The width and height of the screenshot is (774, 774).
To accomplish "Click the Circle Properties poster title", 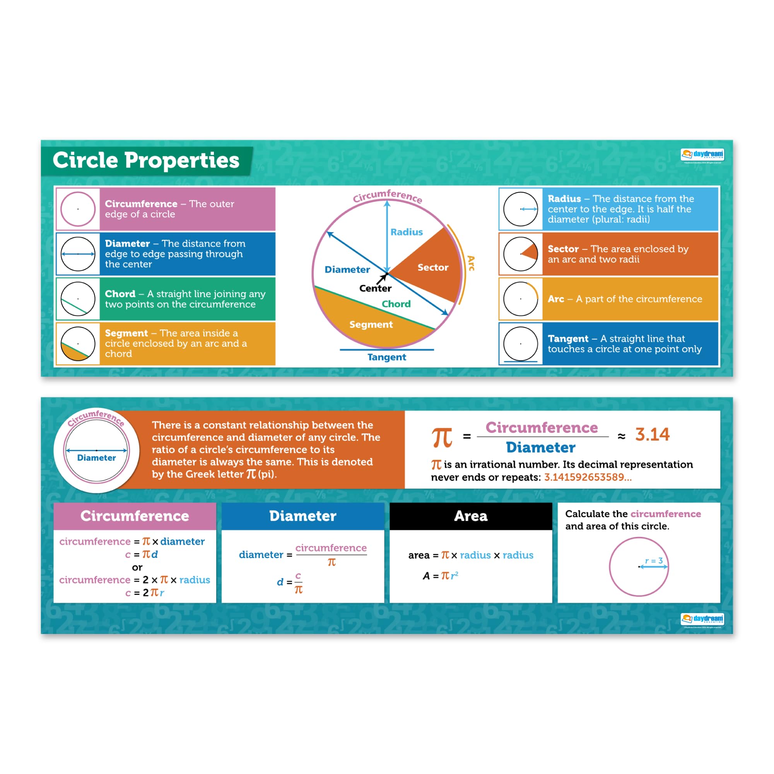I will [146, 160].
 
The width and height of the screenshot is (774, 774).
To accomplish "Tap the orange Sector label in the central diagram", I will [433, 267].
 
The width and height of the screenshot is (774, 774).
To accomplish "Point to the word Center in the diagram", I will [375, 288].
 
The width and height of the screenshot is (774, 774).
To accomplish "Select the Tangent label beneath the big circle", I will [386, 357].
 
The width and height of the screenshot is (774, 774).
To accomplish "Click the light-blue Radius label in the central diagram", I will [407, 232].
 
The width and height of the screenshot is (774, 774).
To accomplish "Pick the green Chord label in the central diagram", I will [396, 304].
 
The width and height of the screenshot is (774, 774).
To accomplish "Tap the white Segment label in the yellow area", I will [371, 324].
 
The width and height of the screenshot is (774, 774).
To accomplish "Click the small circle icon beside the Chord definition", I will [78, 299].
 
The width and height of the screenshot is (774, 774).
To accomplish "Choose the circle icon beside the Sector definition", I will [520, 254].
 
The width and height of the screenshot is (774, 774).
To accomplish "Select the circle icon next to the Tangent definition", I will [520, 344].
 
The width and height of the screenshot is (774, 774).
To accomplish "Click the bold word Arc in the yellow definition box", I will [556, 299].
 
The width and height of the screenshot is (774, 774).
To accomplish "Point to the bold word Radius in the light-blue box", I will [564, 199].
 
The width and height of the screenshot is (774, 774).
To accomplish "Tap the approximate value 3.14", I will [652, 434].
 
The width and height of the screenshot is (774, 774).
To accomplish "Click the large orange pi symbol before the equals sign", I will [441, 437].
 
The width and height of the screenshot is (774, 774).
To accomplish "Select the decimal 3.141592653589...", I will [587, 477].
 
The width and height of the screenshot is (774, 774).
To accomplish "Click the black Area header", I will [471, 516].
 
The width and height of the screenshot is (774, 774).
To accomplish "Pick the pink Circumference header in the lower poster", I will [135, 516].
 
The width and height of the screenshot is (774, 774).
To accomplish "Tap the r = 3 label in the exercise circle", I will [654, 561].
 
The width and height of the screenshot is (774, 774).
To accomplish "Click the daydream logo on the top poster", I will [702, 155].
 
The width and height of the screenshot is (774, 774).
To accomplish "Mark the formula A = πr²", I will [440, 576].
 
